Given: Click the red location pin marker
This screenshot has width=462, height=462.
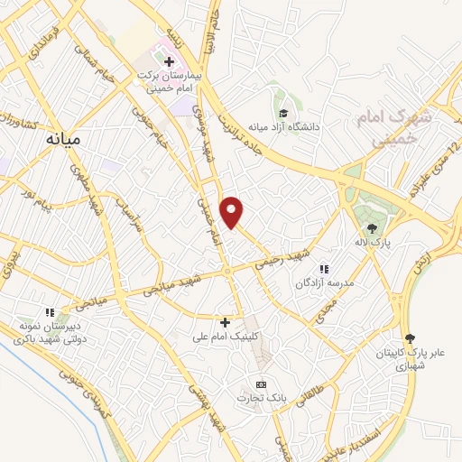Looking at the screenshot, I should pyautogui.click(x=233, y=211).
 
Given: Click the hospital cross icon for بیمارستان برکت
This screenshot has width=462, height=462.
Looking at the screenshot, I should pyautogui.click(x=169, y=61).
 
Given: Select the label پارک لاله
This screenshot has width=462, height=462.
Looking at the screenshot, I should pyautogui.click(x=371, y=242).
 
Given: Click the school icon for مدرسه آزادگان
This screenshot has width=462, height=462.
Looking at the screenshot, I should pyautogui.click(x=323, y=267).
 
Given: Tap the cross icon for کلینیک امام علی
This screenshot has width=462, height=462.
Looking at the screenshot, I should pyautogui.click(x=226, y=322).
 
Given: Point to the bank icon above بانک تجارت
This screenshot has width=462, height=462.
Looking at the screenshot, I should pyautogui.click(x=262, y=383).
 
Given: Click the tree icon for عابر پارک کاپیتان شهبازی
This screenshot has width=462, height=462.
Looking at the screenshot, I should pyautogui.click(x=411, y=337).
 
